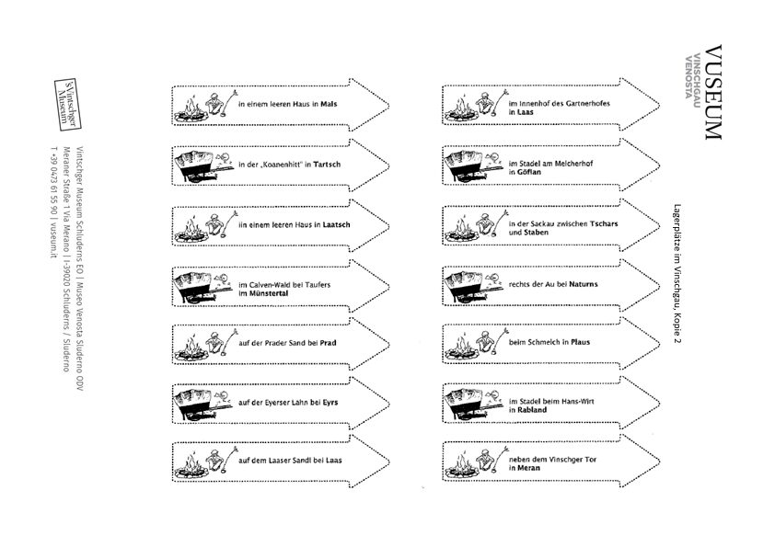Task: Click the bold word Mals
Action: [329, 104]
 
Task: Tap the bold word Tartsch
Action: [327, 165]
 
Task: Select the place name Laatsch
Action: [336, 224]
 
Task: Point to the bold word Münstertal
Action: [268, 293]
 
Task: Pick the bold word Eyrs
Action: [330, 403]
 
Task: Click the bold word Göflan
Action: [529, 172]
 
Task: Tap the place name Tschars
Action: [604, 223]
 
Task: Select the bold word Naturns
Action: [584, 284]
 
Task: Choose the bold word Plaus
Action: [580, 342]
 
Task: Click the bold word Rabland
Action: [532, 410]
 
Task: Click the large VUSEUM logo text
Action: [712, 92]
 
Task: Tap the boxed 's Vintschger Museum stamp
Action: [66, 104]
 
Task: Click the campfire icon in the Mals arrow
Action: [190, 111]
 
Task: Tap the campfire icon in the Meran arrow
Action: [461, 466]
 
